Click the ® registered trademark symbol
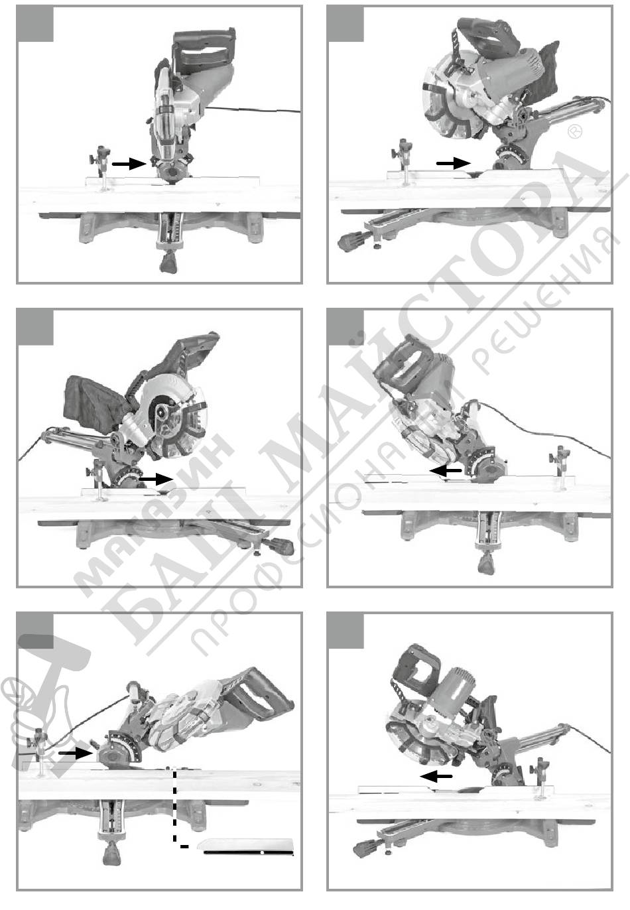point(574,132)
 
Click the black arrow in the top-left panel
point(129,164)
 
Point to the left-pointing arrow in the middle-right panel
point(446,471)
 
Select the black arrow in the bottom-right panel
point(436,776)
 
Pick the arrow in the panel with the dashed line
point(76,752)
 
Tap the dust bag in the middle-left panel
point(94,403)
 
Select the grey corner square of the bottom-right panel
point(346,631)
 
